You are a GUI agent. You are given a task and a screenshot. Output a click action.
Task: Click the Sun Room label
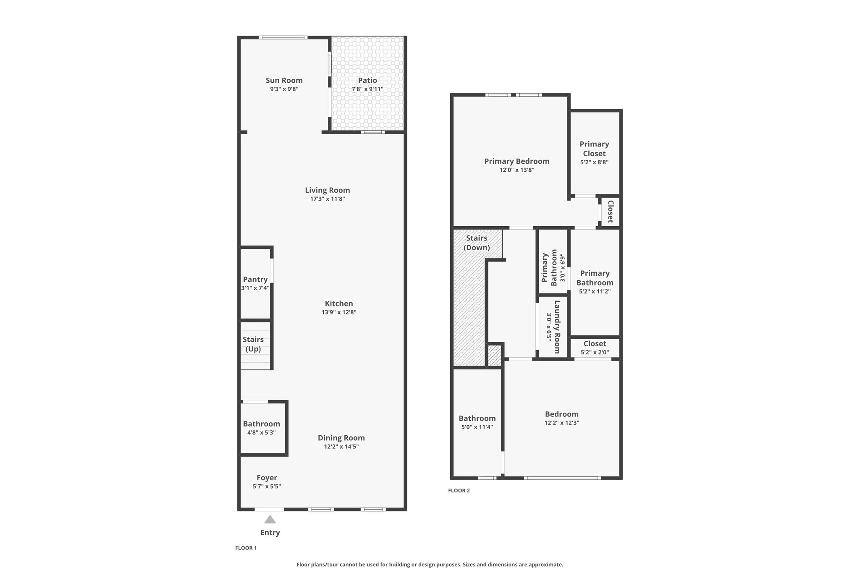[284, 80]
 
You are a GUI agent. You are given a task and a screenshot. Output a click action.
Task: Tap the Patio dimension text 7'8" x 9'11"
[367, 89]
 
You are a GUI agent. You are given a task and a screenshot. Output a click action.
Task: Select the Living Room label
[327, 190]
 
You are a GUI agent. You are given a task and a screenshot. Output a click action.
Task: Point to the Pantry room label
[255, 279]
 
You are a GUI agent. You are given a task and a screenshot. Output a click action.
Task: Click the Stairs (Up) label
[253, 344]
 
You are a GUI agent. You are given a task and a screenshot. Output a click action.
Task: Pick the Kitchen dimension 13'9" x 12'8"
[339, 312]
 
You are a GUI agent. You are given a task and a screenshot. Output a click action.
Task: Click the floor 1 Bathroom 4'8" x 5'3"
[261, 428]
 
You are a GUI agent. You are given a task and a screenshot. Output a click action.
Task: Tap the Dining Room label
[341, 438]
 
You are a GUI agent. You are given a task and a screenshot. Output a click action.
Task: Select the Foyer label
[267, 478]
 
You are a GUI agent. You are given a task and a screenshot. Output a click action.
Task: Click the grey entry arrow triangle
[270, 520]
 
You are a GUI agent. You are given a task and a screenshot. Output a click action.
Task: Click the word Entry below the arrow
[270, 533]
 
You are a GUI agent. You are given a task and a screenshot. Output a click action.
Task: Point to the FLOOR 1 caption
[246, 548]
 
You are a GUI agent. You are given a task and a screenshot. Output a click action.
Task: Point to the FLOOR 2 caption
[459, 490]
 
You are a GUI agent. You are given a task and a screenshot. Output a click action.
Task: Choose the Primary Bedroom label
[517, 161]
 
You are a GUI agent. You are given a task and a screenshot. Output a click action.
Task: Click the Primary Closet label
[594, 149]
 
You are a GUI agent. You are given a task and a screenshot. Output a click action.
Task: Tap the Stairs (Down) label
[477, 243]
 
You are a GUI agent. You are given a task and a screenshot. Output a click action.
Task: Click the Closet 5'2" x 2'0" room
[595, 348]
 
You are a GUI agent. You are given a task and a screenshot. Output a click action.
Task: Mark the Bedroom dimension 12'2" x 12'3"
[561, 423]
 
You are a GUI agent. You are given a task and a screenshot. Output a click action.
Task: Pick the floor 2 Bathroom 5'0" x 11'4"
[477, 422]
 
